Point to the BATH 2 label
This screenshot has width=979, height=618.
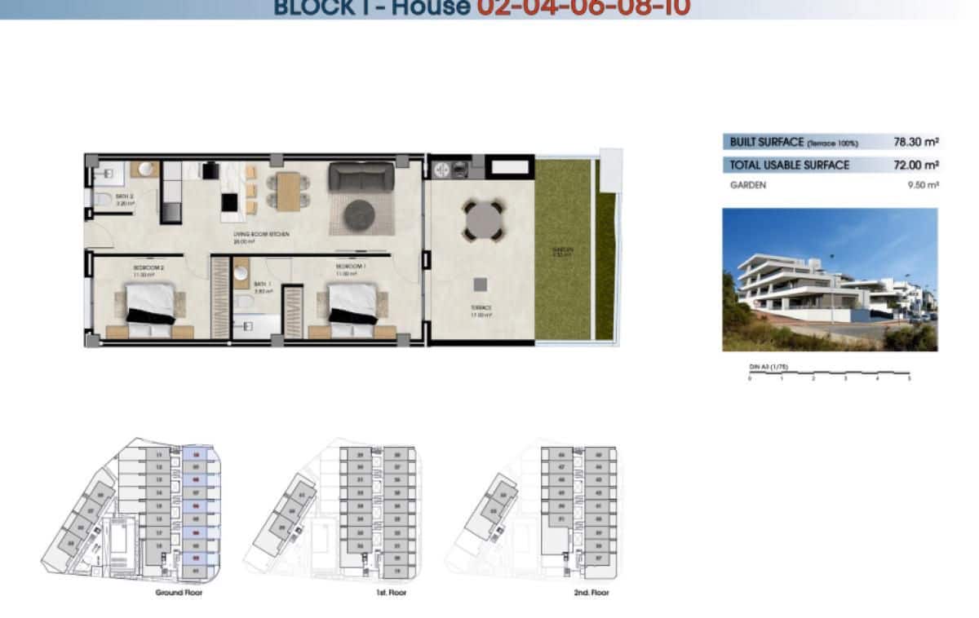pyautogui.click(x=123, y=196)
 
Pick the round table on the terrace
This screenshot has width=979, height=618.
pyautogui.click(x=482, y=219)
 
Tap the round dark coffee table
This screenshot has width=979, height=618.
pyautogui.click(x=359, y=215)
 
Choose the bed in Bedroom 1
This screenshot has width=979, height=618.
pyautogui.click(x=352, y=307)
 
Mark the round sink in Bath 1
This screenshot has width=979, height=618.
pyautogui.click(x=241, y=273)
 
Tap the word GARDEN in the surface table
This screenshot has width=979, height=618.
pyautogui.click(x=747, y=185)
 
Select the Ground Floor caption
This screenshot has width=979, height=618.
pyautogui.click(x=179, y=593)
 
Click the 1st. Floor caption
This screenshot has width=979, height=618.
pyautogui.click(x=391, y=593)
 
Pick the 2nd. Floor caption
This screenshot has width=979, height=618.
pyautogui.click(x=591, y=593)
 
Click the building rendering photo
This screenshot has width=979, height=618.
pyautogui.click(x=830, y=280)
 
